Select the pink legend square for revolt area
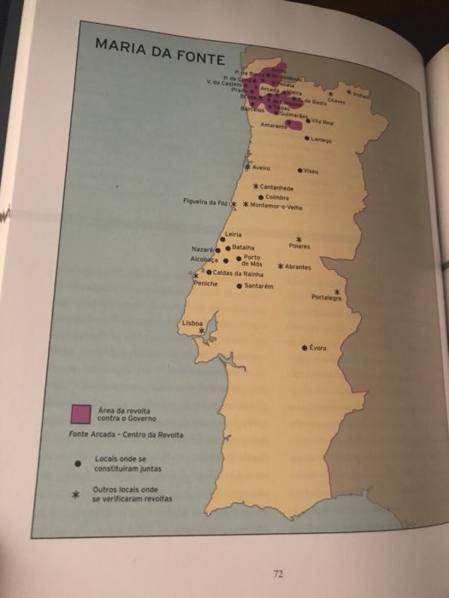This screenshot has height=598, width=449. pyautogui.click(x=81, y=414)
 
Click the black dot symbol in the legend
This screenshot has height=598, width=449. pyautogui.click(x=78, y=465)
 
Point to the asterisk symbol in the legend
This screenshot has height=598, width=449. pyautogui.click(x=78, y=494)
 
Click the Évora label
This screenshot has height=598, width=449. pyautogui.click(x=318, y=349)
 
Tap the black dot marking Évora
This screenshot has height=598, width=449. pyautogui.click(x=305, y=349)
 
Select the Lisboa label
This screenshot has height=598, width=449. pyautogui.click(x=192, y=324)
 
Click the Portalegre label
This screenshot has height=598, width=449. pyautogui.click(x=327, y=298)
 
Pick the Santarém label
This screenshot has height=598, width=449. pyautogui.click(x=258, y=286)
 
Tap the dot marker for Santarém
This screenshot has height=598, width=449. pyautogui.click(x=240, y=286)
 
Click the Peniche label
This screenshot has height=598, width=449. pyautogui.click(x=205, y=284)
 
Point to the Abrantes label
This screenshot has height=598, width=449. pyautogui.click(x=298, y=267)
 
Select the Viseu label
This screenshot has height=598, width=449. pyautogui.click(x=311, y=171)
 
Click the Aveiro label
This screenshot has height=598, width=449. pyautogui.click(x=261, y=168)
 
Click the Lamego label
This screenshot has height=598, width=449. pyautogui.click(x=322, y=139)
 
